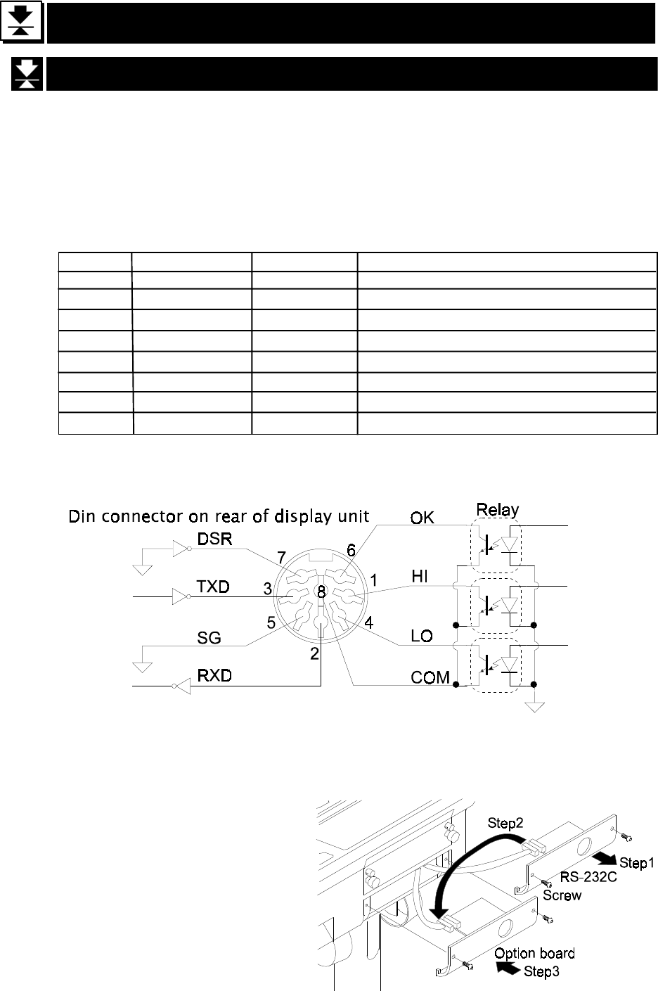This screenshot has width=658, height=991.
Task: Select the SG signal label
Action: (x=209, y=637)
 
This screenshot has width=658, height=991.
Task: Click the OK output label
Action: (x=422, y=518)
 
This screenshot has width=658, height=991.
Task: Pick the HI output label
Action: (x=420, y=577)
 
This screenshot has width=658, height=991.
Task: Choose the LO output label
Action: (x=421, y=636)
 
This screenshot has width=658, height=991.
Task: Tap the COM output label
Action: (x=430, y=677)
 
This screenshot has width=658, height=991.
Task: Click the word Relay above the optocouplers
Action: (x=498, y=509)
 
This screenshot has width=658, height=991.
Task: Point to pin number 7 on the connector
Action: (x=281, y=557)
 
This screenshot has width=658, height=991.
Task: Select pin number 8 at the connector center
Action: (x=321, y=592)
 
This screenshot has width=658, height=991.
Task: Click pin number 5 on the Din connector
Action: (x=271, y=621)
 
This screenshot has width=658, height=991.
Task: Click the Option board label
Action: (x=534, y=953)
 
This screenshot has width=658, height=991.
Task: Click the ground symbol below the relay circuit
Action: (x=537, y=705)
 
